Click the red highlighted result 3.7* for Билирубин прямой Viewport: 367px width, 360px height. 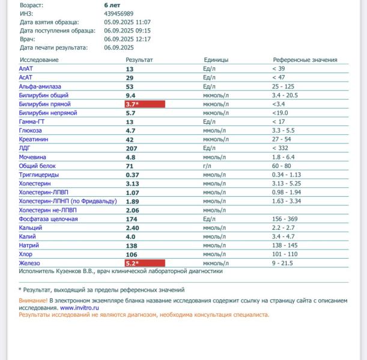pyautogui.click(x=144, y=104)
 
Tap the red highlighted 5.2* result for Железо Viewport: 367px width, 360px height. pyautogui.click(x=144, y=263)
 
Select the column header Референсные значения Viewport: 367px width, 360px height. pyautogui.click(x=305, y=60)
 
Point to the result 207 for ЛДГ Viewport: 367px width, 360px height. pyautogui.click(x=131, y=148)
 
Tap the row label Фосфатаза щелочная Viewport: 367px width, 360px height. pyautogui.click(x=48, y=219)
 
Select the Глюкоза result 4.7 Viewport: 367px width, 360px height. pyautogui.click(x=130, y=131)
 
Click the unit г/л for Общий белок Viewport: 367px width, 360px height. pyautogui.click(x=207, y=166)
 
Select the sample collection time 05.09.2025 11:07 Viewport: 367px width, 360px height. pyautogui.click(x=127, y=22)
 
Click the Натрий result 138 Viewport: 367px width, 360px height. pyautogui.click(x=131, y=246)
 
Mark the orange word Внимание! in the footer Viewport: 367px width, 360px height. pyautogui.click(x=33, y=300)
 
